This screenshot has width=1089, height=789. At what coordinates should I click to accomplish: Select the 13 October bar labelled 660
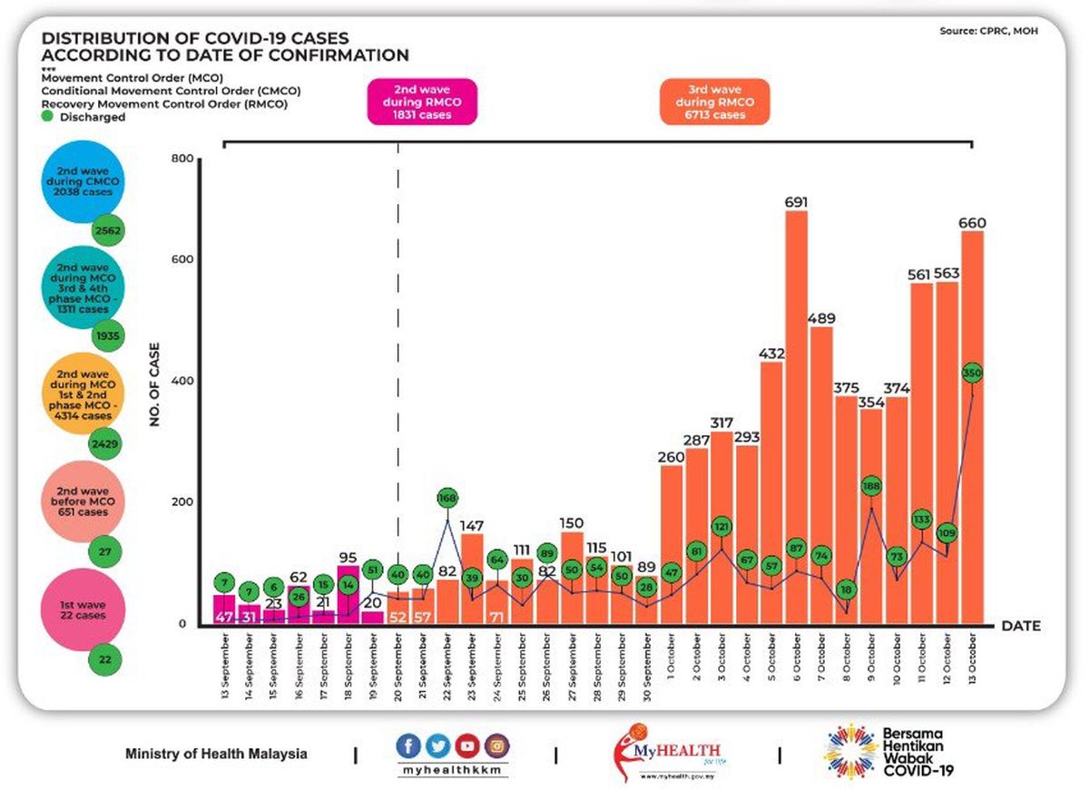click(x=972, y=426)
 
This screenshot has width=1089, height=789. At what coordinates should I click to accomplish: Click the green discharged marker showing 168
click(x=447, y=497)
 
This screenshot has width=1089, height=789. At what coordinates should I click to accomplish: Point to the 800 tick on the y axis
click(x=182, y=160)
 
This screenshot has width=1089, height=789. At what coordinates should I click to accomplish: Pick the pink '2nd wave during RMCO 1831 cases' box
click(x=421, y=102)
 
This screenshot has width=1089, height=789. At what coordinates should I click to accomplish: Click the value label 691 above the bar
click(x=796, y=201)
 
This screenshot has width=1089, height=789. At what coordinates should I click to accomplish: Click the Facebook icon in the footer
click(x=409, y=746)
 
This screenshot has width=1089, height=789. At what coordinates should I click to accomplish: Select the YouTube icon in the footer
click(x=467, y=746)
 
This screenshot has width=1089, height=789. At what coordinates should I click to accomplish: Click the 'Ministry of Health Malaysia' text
click(x=216, y=754)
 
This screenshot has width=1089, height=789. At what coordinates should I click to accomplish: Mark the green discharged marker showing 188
click(x=871, y=486)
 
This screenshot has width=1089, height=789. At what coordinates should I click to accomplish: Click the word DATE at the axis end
click(x=1020, y=626)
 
